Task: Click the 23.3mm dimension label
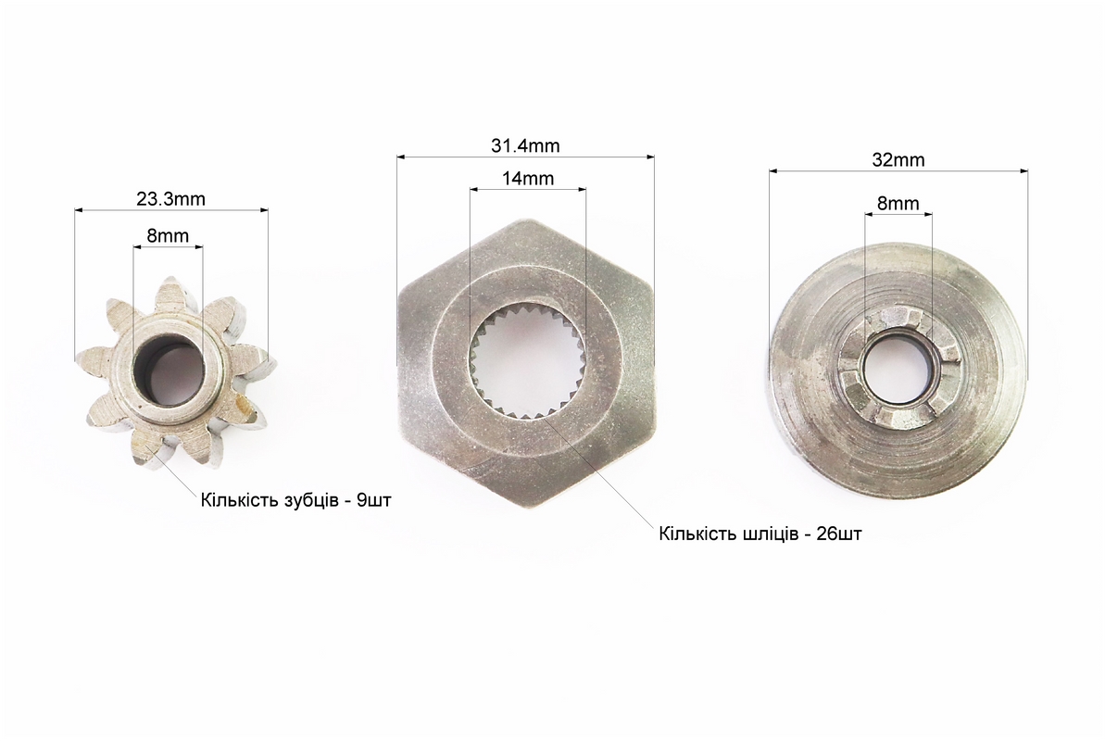(x=170, y=199)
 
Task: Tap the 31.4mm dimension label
(x=525, y=146)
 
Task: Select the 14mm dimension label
(x=528, y=179)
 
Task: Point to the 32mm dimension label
(x=898, y=160)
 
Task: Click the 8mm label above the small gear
(x=168, y=235)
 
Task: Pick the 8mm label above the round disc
(x=898, y=204)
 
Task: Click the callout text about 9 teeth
(x=296, y=501)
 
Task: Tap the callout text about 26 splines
(x=760, y=534)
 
